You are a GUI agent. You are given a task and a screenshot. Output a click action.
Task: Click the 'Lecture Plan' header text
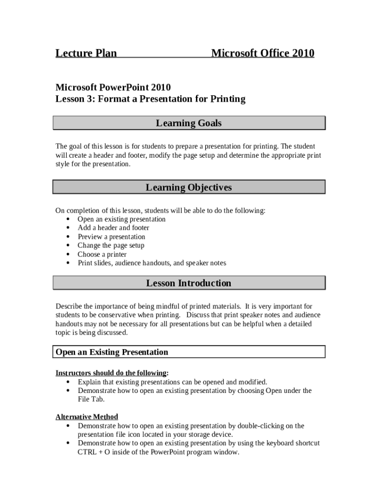pyautogui.click(x=86, y=53)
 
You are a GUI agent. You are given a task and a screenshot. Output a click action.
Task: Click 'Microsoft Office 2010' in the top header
pyautogui.click(x=263, y=53)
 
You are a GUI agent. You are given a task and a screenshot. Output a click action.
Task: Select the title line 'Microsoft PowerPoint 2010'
pyautogui.click(x=113, y=87)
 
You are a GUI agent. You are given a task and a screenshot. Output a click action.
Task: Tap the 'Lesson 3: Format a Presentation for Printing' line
pyautogui.click(x=150, y=99)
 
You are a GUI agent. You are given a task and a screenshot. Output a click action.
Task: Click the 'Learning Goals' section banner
pyautogui.click(x=189, y=123)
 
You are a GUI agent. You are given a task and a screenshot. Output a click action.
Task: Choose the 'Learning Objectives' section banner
pyautogui.click(x=189, y=188)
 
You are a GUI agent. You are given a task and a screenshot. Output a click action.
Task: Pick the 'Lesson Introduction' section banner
pyautogui.click(x=189, y=283)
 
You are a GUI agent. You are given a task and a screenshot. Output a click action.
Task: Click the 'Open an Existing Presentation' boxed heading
pyautogui.click(x=112, y=352)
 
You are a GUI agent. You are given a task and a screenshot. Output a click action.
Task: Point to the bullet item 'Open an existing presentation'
pyautogui.click(x=121, y=219)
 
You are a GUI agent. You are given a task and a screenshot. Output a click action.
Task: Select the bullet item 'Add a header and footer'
pyautogui.click(x=113, y=228)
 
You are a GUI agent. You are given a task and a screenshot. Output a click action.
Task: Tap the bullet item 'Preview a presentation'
pyautogui.click(x=111, y=237)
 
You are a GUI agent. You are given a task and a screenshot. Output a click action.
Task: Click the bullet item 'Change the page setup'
pyautogui.click(x=111, y=246)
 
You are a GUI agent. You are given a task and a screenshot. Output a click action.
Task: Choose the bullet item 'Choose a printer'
pyautogui.click(x=102, y=254)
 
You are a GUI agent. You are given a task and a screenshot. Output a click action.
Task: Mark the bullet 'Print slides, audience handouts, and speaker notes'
pyautogui.click(x=152, y=263)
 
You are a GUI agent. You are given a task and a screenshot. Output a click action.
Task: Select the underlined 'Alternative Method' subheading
pyautogui.click(x=87, y=417)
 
